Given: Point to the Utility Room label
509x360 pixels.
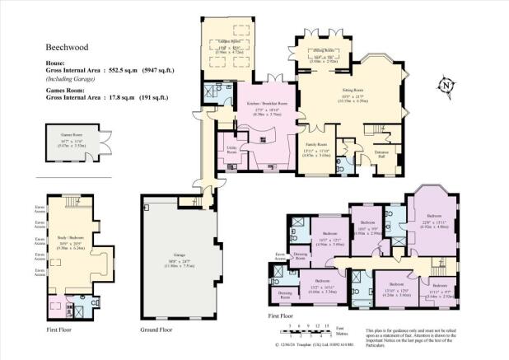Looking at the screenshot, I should pos(231,152).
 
